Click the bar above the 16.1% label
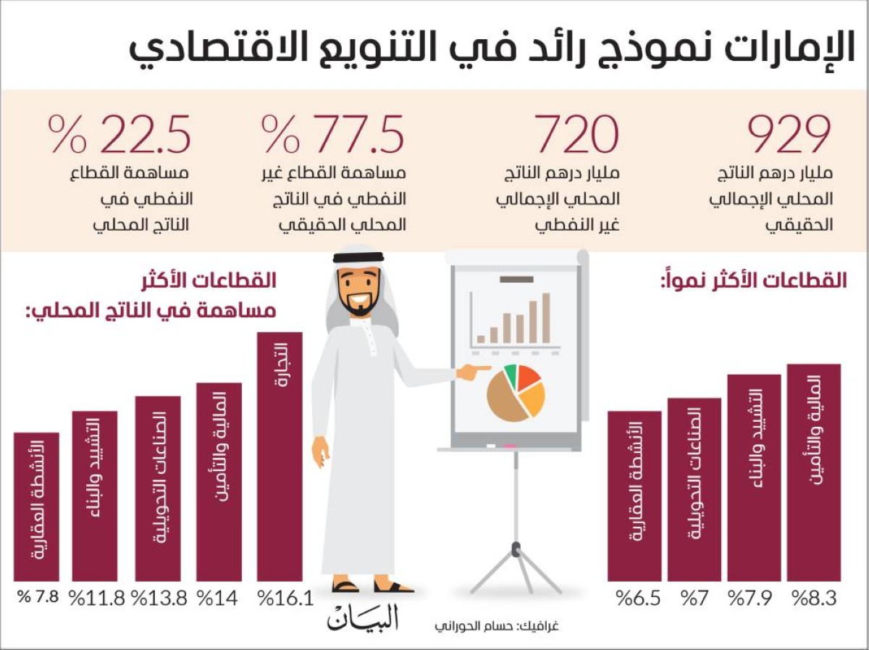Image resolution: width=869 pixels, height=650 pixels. point(280,457)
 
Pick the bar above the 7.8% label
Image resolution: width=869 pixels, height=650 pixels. point(36,507)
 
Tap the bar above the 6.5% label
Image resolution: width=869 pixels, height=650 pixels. point(634,496)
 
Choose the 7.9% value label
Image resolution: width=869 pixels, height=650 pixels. point(755,599)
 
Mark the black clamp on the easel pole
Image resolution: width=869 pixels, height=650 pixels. point(515,549)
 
